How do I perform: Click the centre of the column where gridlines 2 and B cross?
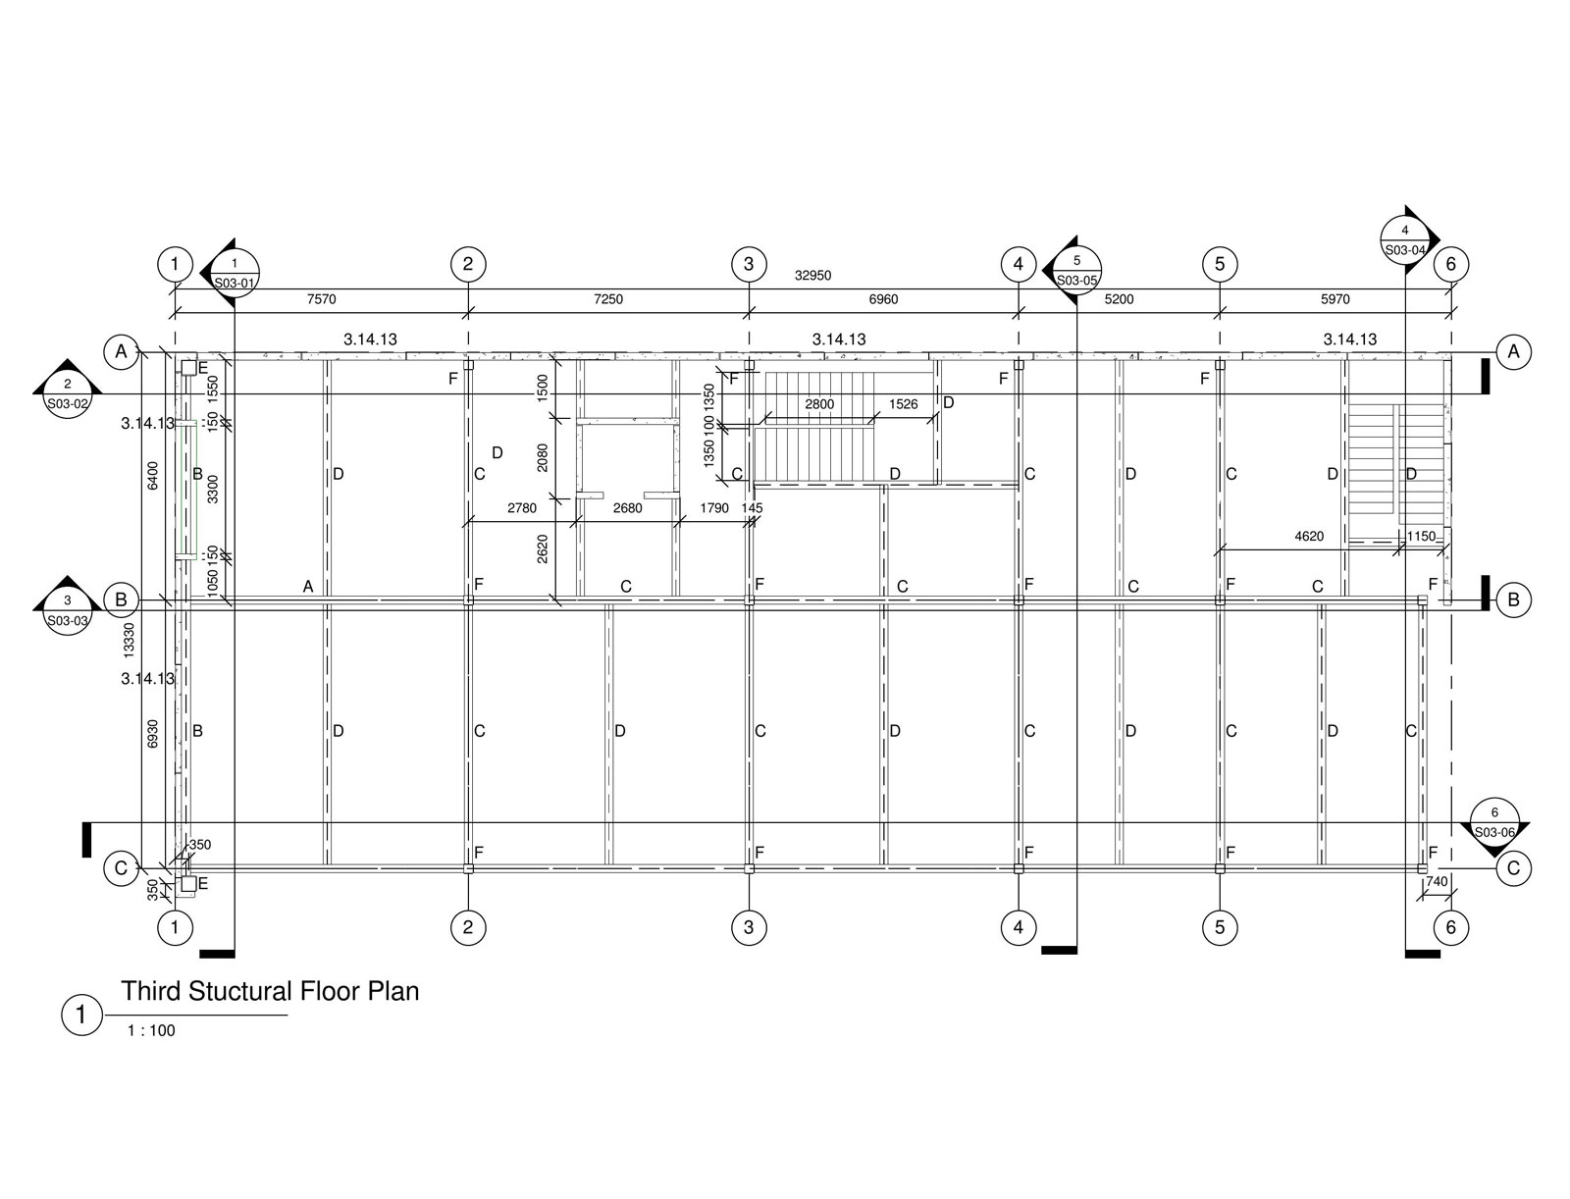(468, 599)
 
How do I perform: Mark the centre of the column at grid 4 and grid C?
(1019, 868)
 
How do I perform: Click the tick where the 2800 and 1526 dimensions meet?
(874, 418)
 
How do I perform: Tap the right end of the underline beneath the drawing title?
(288, 1016)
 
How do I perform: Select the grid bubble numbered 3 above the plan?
(749, 265)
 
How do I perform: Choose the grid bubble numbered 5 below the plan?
(1220, 927)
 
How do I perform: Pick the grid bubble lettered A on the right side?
(1513, 352)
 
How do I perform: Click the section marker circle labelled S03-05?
(1076, 270)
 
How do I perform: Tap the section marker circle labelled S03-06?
(1494, 822)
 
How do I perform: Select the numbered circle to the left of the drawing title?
(80, 1015)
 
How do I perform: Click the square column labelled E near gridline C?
(188, 884)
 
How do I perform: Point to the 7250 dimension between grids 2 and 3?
(608, 299)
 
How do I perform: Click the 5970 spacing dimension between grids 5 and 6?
(1334, 299)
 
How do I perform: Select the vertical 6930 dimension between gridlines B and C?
(152, 734)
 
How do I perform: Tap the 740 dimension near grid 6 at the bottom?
(1437, 881)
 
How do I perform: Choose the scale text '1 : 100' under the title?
(152, 1030)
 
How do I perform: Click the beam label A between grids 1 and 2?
(308, 587)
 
